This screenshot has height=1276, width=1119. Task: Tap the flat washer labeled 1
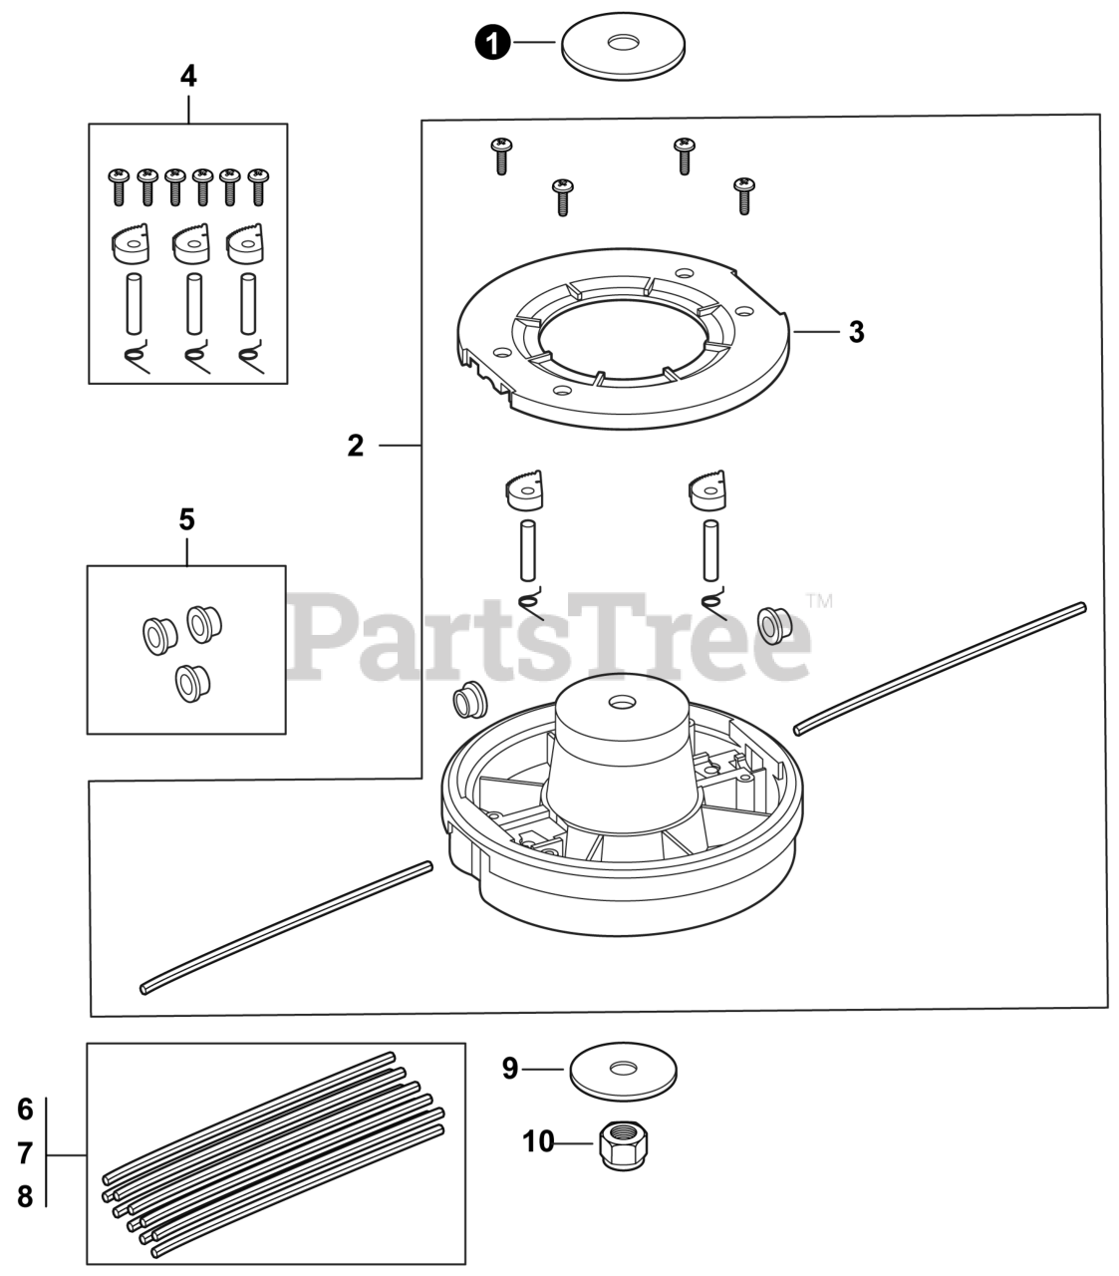623,47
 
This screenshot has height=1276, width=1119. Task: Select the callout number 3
856,332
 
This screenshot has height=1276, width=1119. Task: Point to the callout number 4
188,76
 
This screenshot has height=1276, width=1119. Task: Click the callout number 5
186,519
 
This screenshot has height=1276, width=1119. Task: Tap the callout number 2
356,446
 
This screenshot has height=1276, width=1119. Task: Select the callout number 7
26,1154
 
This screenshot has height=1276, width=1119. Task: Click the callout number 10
538,1141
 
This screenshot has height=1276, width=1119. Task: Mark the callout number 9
510,1070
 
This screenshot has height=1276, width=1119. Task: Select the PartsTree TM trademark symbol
819,601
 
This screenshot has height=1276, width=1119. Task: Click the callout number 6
26,1109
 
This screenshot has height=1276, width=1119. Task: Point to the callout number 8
26,1196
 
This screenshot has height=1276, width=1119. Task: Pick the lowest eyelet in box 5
187,681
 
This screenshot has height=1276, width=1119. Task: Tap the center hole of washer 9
624,1068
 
